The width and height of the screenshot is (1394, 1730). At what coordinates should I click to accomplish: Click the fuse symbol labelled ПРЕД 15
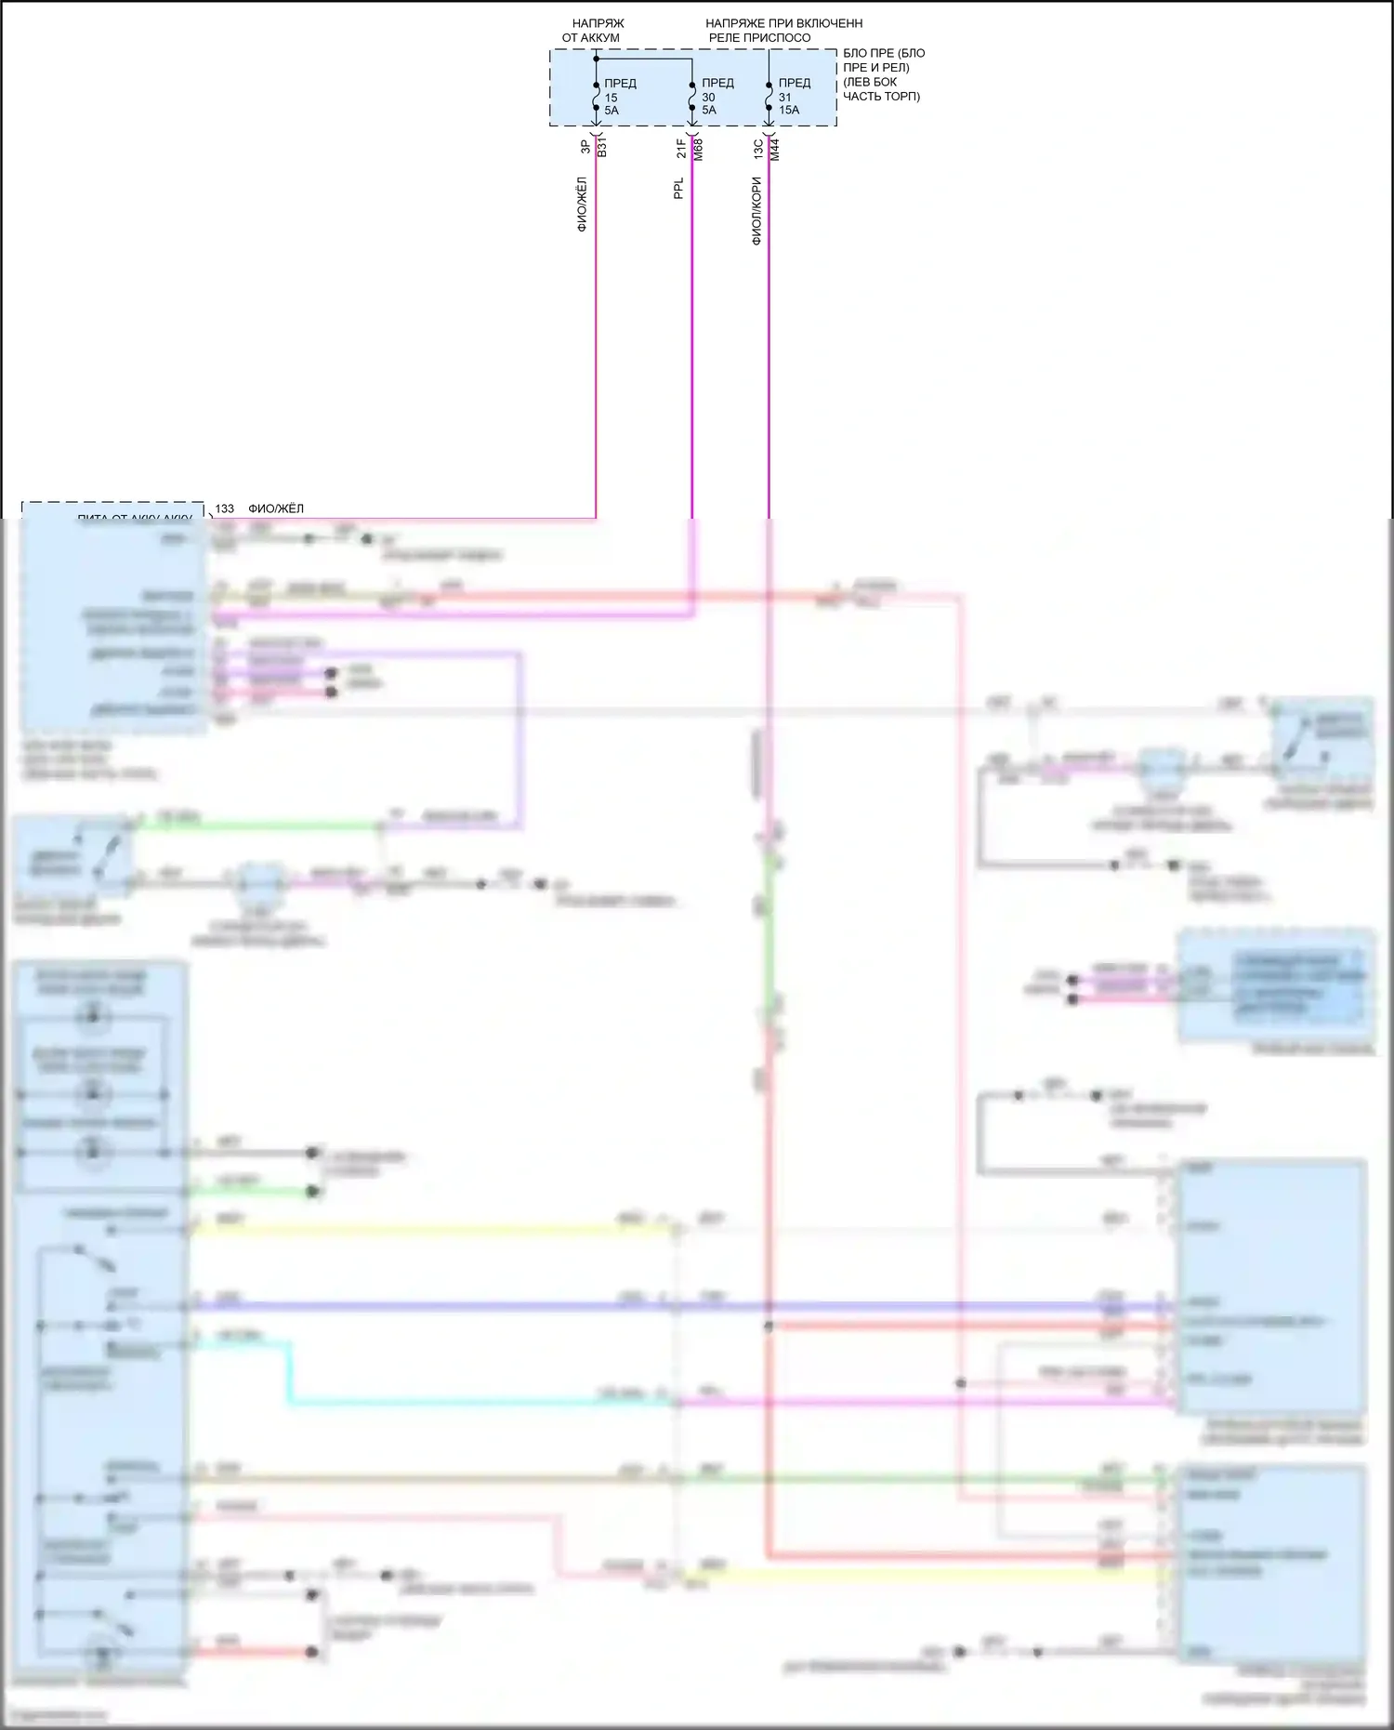596,97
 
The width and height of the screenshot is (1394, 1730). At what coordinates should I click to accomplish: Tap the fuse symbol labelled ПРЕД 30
692,97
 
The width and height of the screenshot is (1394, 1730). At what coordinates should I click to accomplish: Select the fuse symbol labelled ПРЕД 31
769,97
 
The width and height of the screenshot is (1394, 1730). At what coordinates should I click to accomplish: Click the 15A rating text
789,111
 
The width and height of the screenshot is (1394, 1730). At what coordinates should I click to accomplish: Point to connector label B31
602,147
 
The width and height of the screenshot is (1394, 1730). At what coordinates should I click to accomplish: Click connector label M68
699,149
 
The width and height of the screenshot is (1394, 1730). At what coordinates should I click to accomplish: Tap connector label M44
775,149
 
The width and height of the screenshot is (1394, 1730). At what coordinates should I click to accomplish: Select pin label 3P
585,147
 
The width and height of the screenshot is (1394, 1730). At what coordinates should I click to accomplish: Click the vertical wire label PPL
678,189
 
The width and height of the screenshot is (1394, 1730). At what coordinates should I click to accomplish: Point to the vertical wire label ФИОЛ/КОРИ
756,211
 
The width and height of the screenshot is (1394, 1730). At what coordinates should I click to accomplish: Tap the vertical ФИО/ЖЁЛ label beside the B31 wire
582,204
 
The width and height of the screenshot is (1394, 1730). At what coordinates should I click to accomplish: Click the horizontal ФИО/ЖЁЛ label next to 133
276,508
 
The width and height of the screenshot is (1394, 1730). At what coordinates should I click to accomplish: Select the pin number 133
225,508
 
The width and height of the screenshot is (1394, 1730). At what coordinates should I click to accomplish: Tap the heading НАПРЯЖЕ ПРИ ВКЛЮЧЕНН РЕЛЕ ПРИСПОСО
783,31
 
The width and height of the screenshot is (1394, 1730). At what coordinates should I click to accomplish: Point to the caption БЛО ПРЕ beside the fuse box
883,74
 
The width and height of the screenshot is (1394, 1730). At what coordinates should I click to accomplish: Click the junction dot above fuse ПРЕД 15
596,59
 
